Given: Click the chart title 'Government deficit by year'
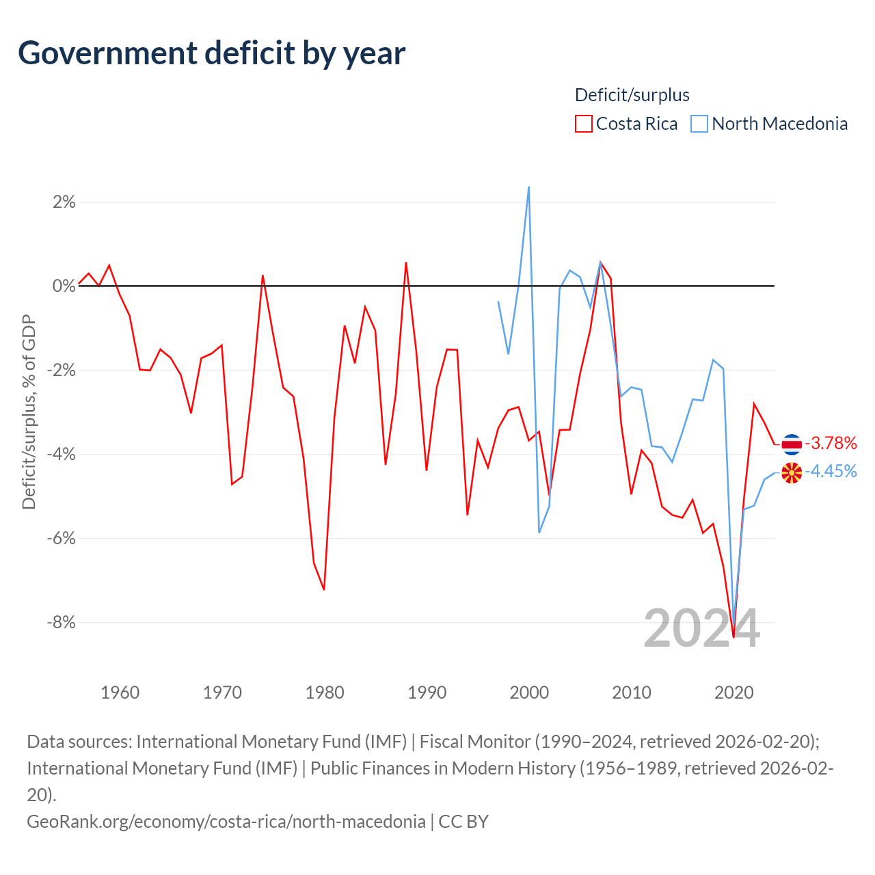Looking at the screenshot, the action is pyautogui.click(x=211, y=53).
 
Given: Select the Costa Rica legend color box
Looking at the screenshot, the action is pyautogui.click(x=584, y=124).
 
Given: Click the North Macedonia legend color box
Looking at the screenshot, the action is pyautogui.click(x=699, y=124).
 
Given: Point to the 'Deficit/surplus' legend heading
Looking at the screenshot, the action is pyautogui.click(x=632, y=95).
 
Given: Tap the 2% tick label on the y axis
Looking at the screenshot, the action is pyautogui.click(x=64, y=202).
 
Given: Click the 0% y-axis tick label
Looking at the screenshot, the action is pyautogui.click(x=64, y=286).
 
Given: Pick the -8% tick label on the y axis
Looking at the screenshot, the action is pyautogui.click(x=62, y=622).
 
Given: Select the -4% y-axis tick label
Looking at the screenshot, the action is pyautogui.click(x=62, y=454).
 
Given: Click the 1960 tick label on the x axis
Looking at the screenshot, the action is pyautogui.click(x=120, y=692).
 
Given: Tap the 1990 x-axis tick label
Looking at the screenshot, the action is pyautogui.click(x=427, y=692).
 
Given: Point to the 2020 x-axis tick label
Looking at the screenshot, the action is pyautogui.click(x=733, y=692).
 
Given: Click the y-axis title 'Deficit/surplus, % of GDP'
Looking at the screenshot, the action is pyautogui.click(x=29, y=412).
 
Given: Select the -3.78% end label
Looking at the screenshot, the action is pyautogui.click(x=831, y=443).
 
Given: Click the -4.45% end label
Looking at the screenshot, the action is pyautogui.click(x=831, y=471).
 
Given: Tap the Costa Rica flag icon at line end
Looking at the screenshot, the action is pyautogui.click(x=792, y=444).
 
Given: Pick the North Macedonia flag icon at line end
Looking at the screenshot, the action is pyautogui.click(x=792, y=472).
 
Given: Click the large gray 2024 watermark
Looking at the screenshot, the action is pyautogui.click(x=701, y=629).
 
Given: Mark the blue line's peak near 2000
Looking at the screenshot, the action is pyautogui.click(x=528, y=187).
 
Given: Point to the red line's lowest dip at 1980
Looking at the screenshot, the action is pyautogui.click(x=324, y=589).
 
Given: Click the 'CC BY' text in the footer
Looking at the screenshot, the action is pyautogui.click(x=463, y=822).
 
